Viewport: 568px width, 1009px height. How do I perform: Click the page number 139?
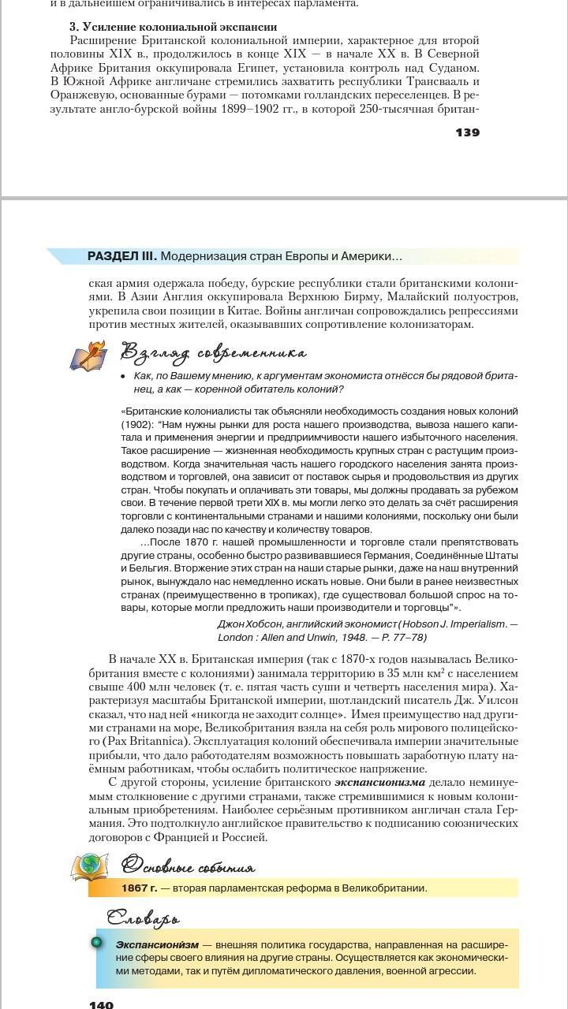pyautogui.click(x=467, y=132)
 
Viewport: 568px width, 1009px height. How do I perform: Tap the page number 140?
pyautogui.click(x=101, y=1004)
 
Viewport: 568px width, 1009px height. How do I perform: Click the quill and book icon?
pyautogui.click(x=88, y=356)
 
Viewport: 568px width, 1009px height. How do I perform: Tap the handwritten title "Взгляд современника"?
pyautogui.click(x=213, y=352)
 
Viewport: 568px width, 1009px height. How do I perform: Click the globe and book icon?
pyautogui.click(x=89, y=867)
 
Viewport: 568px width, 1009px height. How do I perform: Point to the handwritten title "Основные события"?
pyautogui.click(x=189, y=867)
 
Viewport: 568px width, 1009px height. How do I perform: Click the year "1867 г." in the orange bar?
pyautogui.click(x=139, y=888)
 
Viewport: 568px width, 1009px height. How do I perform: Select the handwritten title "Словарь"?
pyautogui.click(x=144, y=918)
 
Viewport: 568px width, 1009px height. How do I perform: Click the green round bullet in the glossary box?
pyautogui.click(x=97, y=942)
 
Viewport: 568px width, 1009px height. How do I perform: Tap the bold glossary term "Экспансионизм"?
pyautogui.click(x=155, y=944)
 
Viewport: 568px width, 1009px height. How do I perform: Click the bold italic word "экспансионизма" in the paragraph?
pyautogui.click(x=379, y=782)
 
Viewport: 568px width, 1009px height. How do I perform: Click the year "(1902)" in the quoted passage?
pyautogui.click(x=136, y=424)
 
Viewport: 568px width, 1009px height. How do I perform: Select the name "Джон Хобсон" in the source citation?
pyautogui.click(x=251, y=624)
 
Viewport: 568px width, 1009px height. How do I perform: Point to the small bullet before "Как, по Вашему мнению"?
pyautogui.click(x=123, y=377)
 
